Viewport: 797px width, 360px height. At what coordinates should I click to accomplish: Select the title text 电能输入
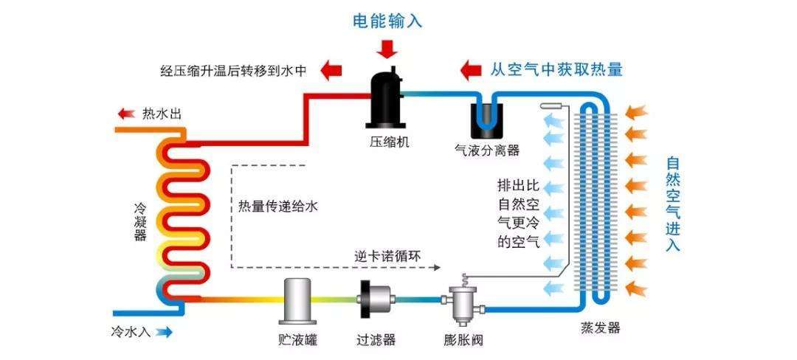387,21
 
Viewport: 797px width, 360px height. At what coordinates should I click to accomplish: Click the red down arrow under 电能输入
387,49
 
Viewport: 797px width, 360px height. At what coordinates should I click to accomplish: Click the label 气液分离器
487,150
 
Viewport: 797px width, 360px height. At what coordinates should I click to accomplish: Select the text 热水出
162,114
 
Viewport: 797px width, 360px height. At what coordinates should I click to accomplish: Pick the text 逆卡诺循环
388,255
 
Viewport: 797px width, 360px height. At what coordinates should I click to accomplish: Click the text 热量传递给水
278,207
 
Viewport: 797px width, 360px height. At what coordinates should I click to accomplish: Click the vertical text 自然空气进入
672,204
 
